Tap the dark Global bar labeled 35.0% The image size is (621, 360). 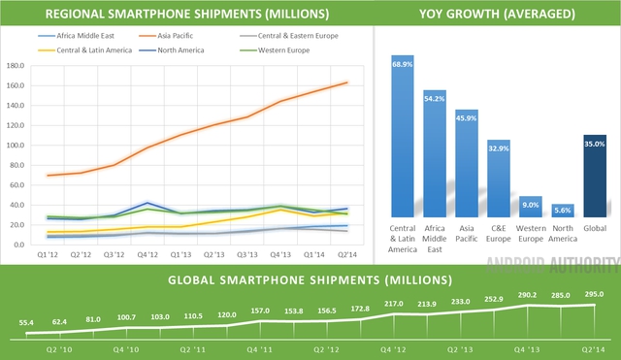596,176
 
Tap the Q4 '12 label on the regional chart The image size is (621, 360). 147,254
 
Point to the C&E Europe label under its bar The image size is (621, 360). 499,231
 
